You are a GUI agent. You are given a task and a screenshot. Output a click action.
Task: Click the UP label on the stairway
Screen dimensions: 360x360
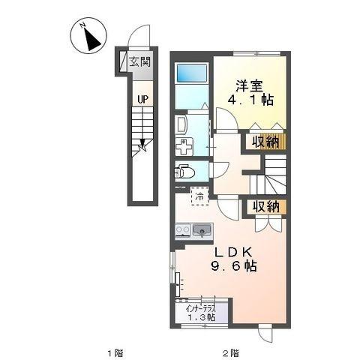point(140,97)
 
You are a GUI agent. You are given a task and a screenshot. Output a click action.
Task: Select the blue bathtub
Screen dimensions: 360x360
point(193,75)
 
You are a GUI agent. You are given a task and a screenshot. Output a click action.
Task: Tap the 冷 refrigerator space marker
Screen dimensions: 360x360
point(199,196)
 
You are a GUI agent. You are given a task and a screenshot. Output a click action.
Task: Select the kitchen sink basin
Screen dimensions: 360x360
point(202,231)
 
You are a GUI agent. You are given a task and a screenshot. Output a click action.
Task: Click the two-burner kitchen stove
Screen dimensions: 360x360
point(182,231)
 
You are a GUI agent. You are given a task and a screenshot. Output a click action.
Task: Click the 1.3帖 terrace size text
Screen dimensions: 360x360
point(201,318)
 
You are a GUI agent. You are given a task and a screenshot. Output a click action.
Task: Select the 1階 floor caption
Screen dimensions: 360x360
point(113,351)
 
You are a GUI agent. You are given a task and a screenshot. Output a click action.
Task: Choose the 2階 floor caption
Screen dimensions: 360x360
point(230,351)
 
